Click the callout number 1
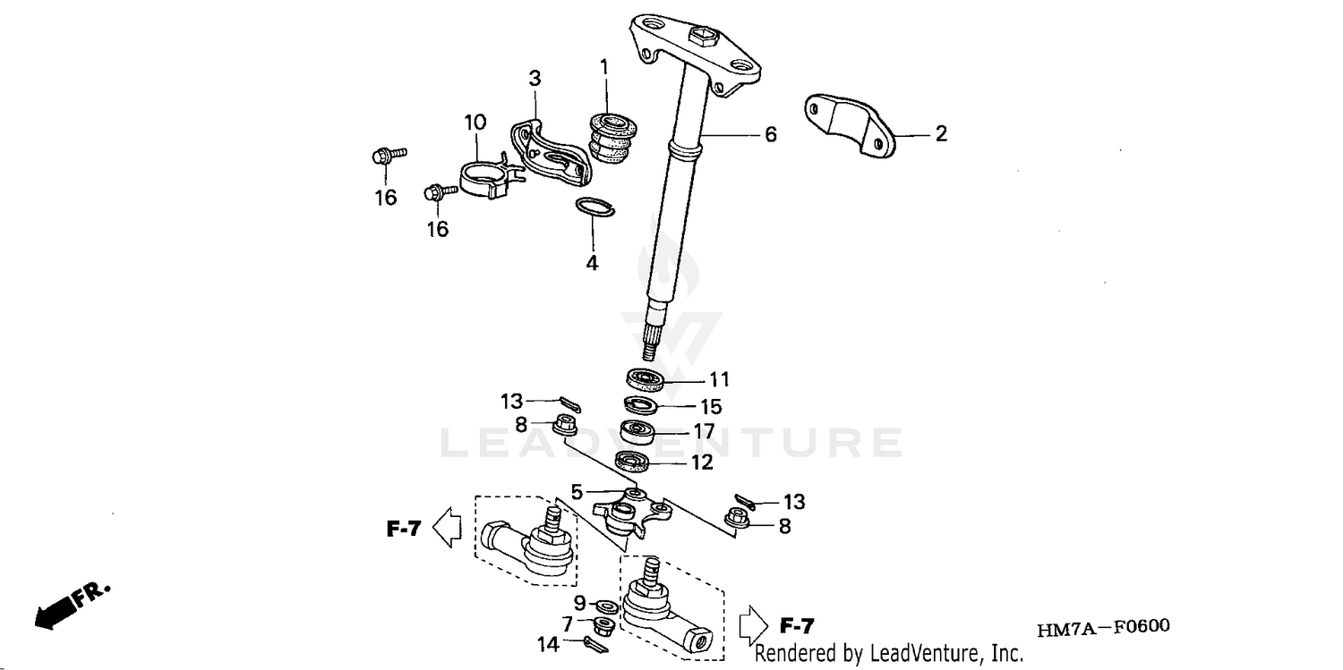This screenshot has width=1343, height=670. pos(603,66)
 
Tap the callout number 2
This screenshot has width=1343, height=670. pos(940,134)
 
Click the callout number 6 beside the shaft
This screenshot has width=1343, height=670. pos(770,135)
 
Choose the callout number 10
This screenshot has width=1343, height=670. pos(475,122)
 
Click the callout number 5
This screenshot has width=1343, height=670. pos(577,491)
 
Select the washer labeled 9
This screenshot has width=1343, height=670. pos(606,607)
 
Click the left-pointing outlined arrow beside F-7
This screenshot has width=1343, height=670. pos(447,528)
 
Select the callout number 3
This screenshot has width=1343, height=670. pos(535,79)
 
